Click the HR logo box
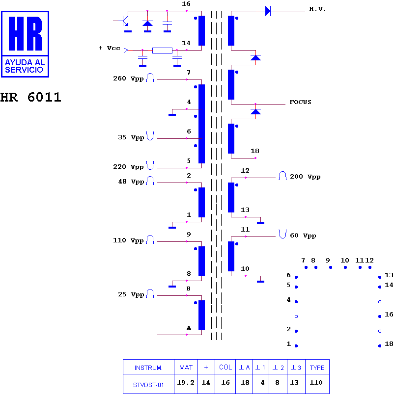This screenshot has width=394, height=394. pyautogui.click(x=25, y=44)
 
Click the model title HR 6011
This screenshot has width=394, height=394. pyautogui.click(x=30, y=97)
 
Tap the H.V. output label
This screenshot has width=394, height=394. pyautogui.click(x=317, y=9)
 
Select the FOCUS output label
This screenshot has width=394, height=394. pyautogui.click(x=300, y=102)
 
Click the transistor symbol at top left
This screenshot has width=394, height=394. pyautogui.click(x=124, y=22)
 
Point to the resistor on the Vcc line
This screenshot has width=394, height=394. pyautogui.click(x=162, y=50)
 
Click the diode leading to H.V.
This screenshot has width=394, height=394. pyautogui.click(x=268, y=11)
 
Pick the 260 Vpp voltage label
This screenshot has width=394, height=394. pyautogui.click(x=128, y=79)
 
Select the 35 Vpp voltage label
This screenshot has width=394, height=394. pyautogui.click(x=131, y=137)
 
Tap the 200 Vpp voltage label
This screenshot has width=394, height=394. pyautogui.click(x=305, y=177)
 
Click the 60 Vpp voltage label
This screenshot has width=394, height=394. pyautogui.click(x=303, y=236)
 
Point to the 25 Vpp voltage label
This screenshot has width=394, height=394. pyautogui.click(x=131, y=294)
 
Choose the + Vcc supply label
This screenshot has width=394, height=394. pyautogui.click(x=110, y=48)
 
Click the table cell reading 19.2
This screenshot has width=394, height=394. pyautogui.click(x=186, y=382)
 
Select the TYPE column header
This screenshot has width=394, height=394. pyautogui.click(x=317, y=368)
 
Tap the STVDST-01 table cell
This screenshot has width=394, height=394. pyautogui.click(x=148, y=385)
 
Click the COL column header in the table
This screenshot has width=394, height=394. pyautogui.click(x=225, y=367)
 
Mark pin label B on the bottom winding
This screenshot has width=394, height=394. pyautogui.click(x=189, y=289)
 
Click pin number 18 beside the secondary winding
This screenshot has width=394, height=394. pyautogui.click(x=255, y=151)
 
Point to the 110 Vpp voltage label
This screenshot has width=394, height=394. pyautogui.click(x=128, y=240)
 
